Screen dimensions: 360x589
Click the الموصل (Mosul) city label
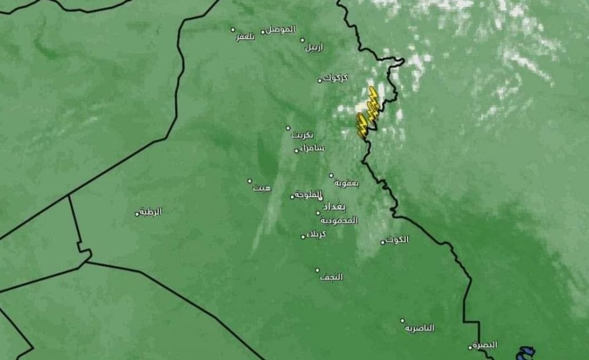click(x=281, y=29)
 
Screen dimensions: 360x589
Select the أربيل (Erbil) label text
click(x=315, y=48)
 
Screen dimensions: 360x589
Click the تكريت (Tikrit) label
click(x=302, y=135)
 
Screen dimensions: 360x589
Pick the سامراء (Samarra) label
click(x=311, y=147)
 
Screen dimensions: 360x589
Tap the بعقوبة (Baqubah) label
click(x=347, y=183)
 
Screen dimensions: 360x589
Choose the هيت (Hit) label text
click(x=262, y=188)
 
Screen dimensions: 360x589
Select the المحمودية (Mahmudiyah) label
click(x=342, y=220)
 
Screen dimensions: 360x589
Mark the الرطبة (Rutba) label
click(x=152, y=211)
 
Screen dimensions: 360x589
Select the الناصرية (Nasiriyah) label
click(x=420, y=328)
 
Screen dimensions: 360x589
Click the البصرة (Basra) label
click(x=486, y=345)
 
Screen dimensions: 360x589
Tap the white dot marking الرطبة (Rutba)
click(x=137, y=214)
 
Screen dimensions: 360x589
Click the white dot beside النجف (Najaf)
click(x=317, y=270)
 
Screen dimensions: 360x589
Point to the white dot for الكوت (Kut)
click(x=383, y=242)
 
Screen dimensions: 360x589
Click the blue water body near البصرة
click(x=525, y=354)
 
